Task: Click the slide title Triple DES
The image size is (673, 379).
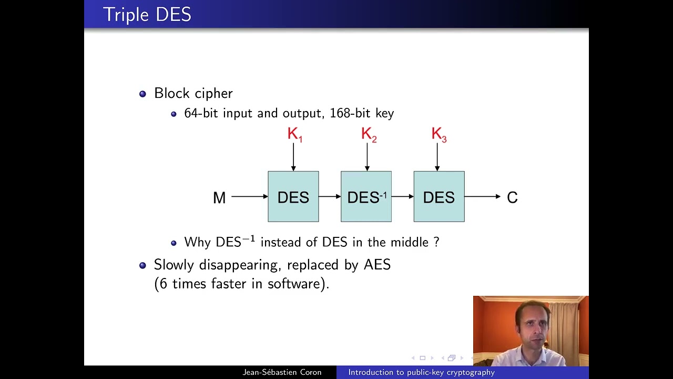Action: pos(147,14)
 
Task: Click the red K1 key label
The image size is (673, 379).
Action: pos(294,135)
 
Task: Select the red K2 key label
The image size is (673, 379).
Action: pos(369,135)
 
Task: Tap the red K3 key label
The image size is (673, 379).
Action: pos(439,135)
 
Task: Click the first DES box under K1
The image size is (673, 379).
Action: pos(293,197)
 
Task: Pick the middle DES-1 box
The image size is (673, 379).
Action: pos(366,197)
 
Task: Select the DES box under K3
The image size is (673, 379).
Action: pos(439,197)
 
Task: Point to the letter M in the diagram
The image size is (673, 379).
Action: pos(219,197)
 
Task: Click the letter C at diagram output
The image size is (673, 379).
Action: pos(512,197)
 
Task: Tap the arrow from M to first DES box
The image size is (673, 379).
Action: pos(249,196)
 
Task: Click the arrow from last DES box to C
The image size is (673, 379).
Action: pos(482,196)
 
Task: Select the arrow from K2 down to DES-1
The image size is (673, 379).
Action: pos(367,157)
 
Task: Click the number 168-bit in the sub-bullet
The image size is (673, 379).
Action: pos(348,113)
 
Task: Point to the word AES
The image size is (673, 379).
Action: pos(377,264)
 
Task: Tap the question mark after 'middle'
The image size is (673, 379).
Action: pos(436,242)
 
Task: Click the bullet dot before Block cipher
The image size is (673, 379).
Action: pos(142,94)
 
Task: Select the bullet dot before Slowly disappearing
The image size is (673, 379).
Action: pos(142,265)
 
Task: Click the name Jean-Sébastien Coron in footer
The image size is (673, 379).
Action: pos(282,372)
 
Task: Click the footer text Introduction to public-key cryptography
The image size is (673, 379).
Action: pos(421,372)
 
